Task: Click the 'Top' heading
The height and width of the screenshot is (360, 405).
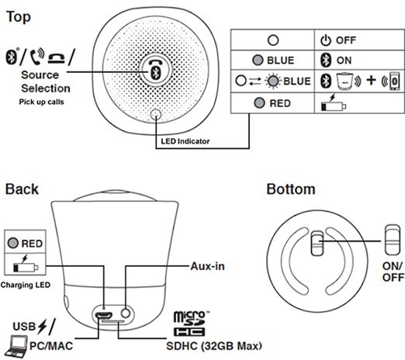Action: pyautogui.click(x=19, y=18)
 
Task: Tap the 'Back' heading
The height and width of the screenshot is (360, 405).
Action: pyautogui.click(x=22, y=189)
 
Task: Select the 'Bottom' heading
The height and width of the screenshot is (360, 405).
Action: pyautogui.click(x=291, y=189)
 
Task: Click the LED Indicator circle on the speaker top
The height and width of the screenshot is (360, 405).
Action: pyautogui.click(x=156, y=114)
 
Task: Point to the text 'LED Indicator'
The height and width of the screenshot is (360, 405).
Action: pyautogui.click(x=185, y=141)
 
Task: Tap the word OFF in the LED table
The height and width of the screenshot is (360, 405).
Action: pyautogui.click(x=346, y=40)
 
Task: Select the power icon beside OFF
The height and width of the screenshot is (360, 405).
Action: pyautogui.click(x=326, y=40)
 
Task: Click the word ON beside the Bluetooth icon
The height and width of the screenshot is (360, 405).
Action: pyautogui.click(x=344, y=61)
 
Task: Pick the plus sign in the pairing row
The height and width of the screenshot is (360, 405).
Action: pyautogui.click(x=371, y=81)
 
